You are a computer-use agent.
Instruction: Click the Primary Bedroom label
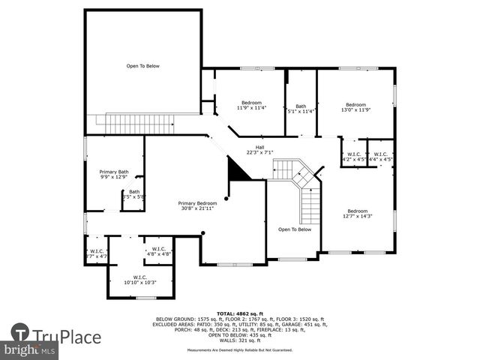197,205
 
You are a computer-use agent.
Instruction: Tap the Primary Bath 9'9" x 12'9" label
114,174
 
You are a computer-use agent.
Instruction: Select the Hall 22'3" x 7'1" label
259,150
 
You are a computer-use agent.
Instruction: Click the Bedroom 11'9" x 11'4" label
250,105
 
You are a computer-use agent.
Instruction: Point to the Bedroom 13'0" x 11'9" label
355,106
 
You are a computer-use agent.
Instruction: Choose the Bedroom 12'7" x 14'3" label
357,213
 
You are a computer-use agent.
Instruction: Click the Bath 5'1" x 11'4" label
301,109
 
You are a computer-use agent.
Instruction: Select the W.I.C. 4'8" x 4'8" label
158,251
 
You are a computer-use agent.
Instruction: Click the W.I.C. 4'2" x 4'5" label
353,157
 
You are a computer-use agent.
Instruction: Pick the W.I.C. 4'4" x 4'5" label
381,157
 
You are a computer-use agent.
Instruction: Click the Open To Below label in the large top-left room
142,66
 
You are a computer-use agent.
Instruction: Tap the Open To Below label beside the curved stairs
294,229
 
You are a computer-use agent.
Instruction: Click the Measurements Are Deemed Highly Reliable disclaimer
239,350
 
